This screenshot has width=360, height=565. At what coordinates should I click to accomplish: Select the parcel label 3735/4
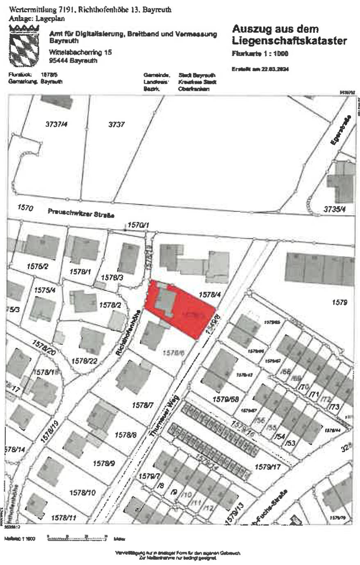point(335,209)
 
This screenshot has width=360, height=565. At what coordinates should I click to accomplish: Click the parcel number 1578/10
point(82,492)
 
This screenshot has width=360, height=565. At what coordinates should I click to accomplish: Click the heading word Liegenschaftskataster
point(289,41)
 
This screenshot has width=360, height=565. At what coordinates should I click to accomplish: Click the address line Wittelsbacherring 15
point(80,52)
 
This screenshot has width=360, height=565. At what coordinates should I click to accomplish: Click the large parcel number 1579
point(340,302)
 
